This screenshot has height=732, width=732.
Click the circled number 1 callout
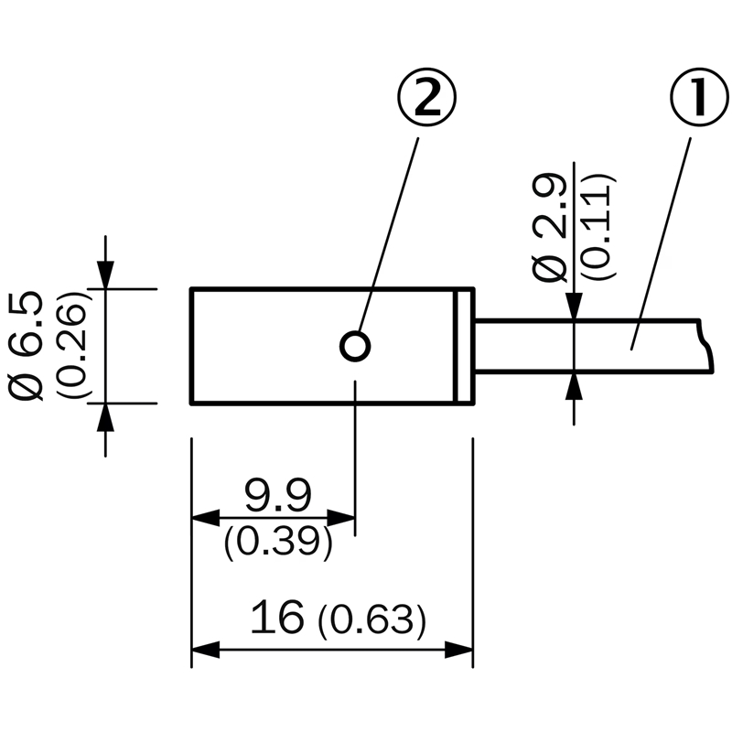(x=699, y=98)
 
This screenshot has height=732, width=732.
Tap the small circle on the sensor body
(x=355, y=347)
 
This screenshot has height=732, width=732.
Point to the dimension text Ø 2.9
(x=550, y=227)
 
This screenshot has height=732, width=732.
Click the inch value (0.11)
(x=600, y=227)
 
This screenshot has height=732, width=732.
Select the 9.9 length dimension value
(x=278, y=495)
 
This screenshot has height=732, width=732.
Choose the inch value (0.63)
(x=372, y=620)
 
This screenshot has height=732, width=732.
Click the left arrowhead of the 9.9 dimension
(x=205, y=517)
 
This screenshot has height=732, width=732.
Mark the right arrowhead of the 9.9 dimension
(x=340, y=517)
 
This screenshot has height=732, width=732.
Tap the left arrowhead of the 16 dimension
(x=205, y=650)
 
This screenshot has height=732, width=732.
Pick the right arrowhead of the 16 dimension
(x=458, y=650)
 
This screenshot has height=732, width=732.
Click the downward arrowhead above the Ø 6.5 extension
(x=105, y=274)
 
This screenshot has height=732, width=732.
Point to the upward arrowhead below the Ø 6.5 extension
(x=105, y=417)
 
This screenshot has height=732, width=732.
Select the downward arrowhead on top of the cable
(x=575, y=307)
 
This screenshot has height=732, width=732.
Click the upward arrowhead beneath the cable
(x=575, y=386)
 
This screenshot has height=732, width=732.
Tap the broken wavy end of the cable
(x=707, y=346)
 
